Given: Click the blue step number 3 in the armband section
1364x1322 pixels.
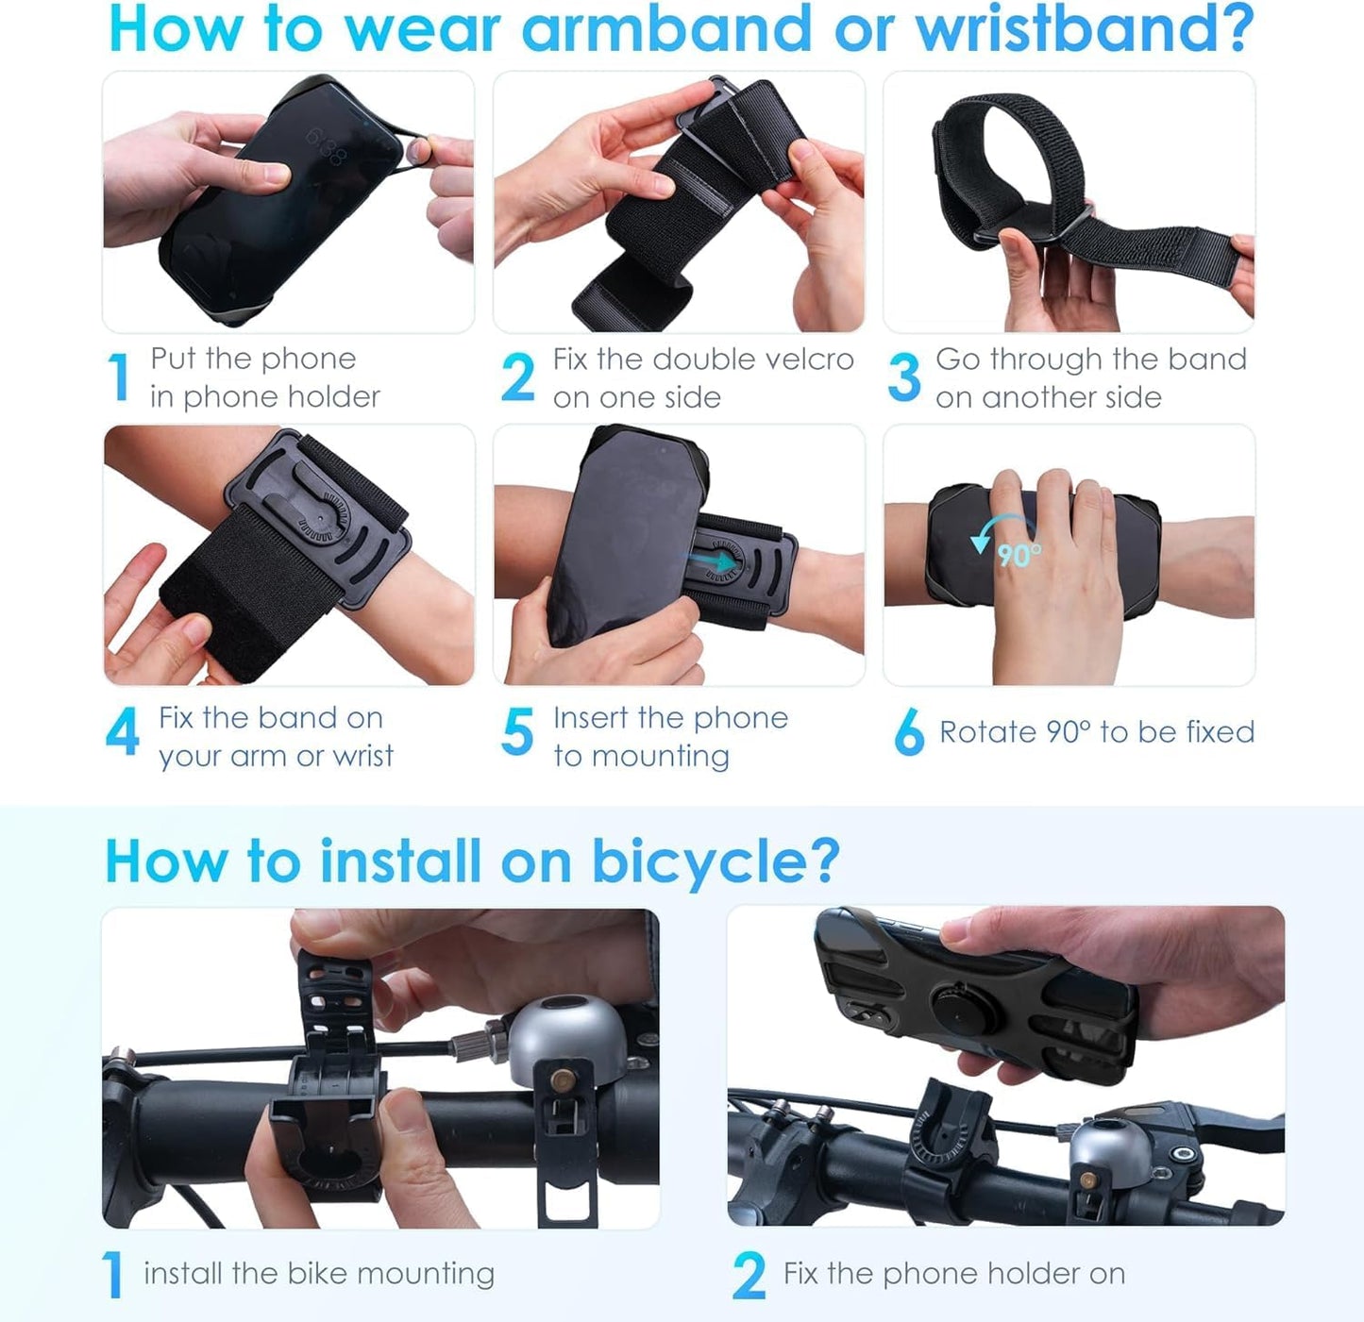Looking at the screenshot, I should pyautogui.click(x=903, y=377).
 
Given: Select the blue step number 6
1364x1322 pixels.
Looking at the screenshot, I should pyautogui.click(x=908, y=733).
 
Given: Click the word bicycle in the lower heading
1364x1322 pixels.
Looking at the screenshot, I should pyautogui.click(x=715, y=861).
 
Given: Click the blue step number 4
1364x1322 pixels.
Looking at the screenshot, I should pyautogui.click(x=123, y=733).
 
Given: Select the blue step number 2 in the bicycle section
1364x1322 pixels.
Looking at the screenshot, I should pyautogui.click(x=749, y=1276).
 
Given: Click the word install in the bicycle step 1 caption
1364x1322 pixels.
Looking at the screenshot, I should pyautogui.click(x=183, y=1274).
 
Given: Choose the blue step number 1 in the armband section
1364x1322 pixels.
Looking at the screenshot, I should pyautogui.click(x=119, y=377).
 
